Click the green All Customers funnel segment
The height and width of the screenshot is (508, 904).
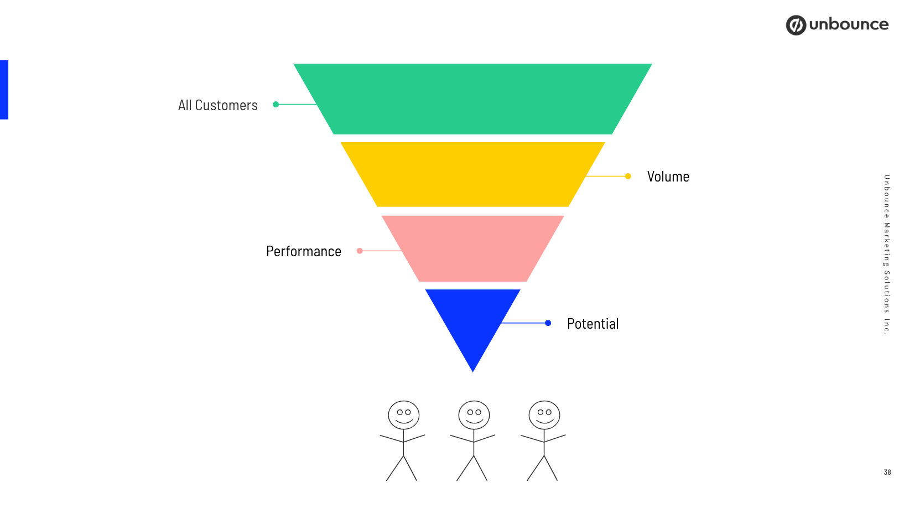472,99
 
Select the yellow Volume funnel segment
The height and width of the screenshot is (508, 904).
472,174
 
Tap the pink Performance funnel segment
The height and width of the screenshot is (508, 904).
472,248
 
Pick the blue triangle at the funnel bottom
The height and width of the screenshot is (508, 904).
472,321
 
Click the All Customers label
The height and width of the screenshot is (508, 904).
217,105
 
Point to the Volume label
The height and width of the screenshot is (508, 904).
668,177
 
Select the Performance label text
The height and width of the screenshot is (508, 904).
303,251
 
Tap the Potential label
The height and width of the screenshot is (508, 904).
593,324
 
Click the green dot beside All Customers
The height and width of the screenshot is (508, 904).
276,104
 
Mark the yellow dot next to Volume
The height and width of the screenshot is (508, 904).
628,176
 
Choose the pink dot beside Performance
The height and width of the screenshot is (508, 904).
360,251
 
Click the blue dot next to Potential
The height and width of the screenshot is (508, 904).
548,323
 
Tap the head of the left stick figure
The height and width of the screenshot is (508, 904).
403,415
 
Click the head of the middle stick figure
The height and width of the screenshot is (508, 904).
474,415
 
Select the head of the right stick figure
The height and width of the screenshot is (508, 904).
544,415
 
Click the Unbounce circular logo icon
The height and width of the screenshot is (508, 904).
796,25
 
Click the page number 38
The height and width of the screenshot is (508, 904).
887,472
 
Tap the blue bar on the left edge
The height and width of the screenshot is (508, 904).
4,90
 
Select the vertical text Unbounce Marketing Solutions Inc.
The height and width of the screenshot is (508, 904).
886,255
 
